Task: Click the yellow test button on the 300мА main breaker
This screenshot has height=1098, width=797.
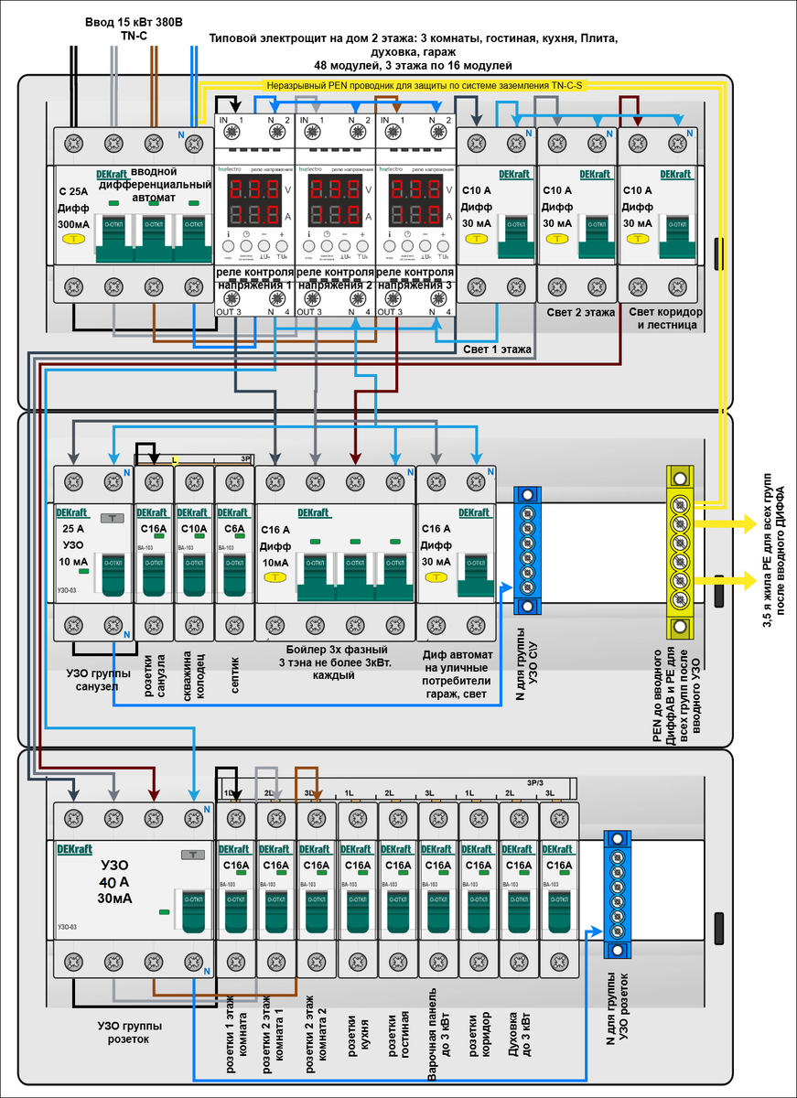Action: pyautogui.click(x=72, y=240)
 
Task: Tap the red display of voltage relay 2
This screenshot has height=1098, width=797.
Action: pyautogui.click(x=336, y=203)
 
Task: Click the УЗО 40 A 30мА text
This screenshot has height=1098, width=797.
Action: pyautogui.click(x=114, y=882)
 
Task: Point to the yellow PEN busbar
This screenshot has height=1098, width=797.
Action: pyautogui.click(x=680, y=553)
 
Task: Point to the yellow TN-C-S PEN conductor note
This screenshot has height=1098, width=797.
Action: pyautogui.click(x=424, y=84)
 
